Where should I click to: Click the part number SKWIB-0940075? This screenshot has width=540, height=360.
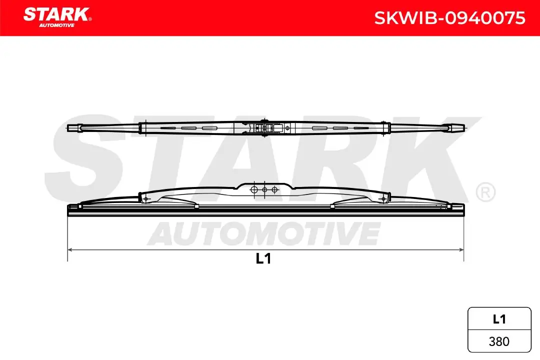[450, 18]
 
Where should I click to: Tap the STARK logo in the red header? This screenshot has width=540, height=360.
[56, 14]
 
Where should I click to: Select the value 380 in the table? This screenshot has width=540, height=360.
[499, 341]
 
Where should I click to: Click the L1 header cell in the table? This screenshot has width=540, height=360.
[499, 318]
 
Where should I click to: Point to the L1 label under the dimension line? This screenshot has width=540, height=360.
[263, 258]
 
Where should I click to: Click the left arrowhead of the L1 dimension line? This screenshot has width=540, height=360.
[70, 248]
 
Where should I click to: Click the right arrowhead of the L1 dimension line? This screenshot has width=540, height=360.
[461, 248]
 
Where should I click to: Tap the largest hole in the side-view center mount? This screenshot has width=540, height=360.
[254, 190]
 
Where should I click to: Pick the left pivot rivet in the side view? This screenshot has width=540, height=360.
[145, 199]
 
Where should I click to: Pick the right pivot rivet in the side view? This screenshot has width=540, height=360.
[383, 199]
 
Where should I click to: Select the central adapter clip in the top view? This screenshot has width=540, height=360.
[263, 128]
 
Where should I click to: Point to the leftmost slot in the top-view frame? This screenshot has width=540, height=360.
[168, 128]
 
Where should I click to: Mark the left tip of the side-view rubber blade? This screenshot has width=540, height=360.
[68, 210]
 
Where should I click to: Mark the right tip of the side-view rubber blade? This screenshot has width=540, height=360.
[463, 210]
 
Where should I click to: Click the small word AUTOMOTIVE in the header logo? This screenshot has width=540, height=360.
[56, 25]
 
